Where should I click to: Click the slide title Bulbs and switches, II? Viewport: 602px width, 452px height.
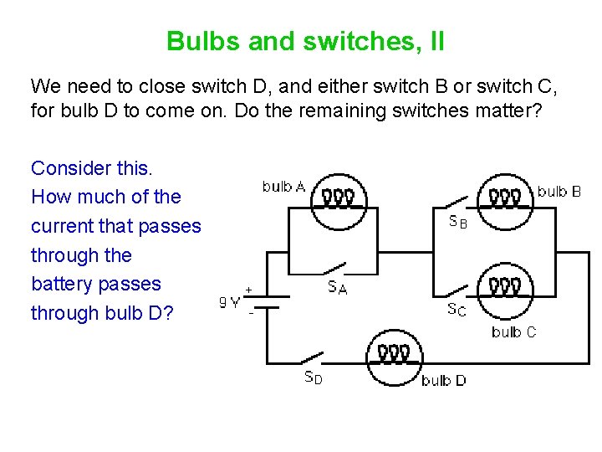pos(305,41)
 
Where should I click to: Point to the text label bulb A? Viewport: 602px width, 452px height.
pos(283,186)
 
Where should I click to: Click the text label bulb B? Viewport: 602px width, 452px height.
pos(559,192)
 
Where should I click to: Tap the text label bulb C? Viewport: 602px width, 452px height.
pos(514,332)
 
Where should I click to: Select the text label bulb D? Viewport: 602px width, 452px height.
pos(444,381)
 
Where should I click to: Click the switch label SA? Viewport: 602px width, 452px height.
pos(338,288)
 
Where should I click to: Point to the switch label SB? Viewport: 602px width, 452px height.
pos(457,223)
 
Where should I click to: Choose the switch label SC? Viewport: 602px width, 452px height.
pos(457,310)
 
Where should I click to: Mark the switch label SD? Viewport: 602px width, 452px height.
pos(312,378)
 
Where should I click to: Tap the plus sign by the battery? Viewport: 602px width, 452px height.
pos(249,289)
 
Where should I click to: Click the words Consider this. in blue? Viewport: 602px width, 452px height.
pos(92,168)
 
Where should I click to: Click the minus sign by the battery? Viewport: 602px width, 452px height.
pos(250,312)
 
